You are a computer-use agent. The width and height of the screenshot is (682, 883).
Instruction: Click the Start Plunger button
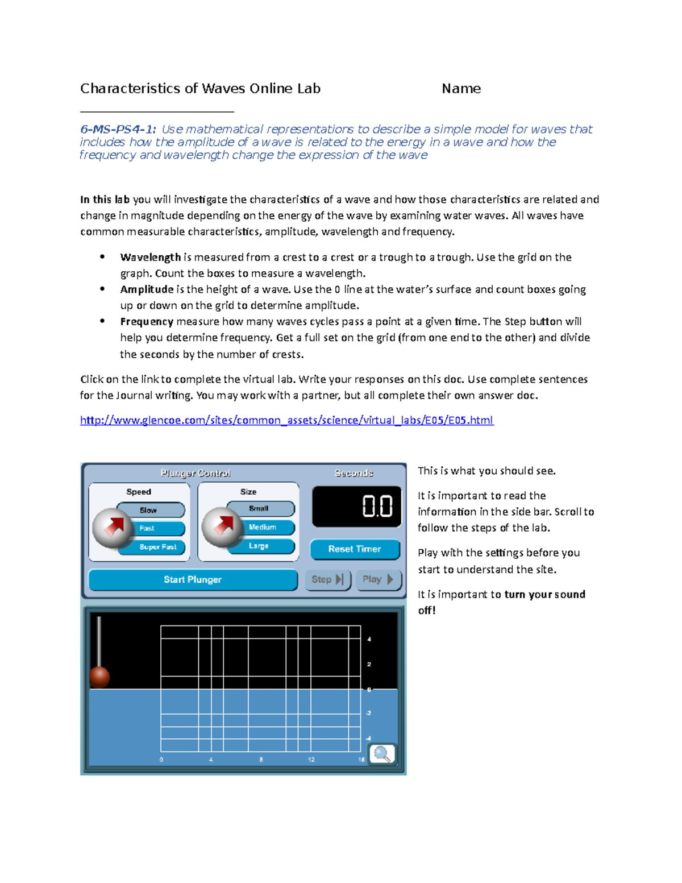[193, 579]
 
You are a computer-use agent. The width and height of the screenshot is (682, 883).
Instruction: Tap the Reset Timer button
[355, 549]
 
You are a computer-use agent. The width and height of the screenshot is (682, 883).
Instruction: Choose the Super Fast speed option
[158, 546]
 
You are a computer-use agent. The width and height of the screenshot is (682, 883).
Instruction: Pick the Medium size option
[262, 527]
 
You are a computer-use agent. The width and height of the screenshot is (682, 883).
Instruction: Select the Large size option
[259, 546]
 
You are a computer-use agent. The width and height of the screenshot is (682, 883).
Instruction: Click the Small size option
[259, 508]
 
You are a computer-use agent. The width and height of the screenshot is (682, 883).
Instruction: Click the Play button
[378, 579]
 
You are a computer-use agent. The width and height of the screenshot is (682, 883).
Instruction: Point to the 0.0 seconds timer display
[356, 506]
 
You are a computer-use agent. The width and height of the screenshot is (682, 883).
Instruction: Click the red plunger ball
[99, 677]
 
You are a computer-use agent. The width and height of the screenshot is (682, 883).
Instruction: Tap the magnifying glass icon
[382, 754]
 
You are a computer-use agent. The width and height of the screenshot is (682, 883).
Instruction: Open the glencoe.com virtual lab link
[286, 420]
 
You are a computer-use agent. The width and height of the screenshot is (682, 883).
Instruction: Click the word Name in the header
[461, 89]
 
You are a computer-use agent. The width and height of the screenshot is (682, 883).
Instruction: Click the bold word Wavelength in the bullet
[150, 257]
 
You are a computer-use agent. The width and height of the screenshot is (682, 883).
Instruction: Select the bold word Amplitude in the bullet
[147, 289]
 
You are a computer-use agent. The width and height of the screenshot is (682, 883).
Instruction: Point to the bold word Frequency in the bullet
[147, 321]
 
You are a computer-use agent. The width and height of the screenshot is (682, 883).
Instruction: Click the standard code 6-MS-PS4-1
[118, 129]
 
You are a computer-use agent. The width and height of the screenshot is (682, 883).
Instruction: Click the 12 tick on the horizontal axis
[311, 760]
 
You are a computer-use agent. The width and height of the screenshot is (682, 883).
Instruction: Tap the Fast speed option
[148, 528]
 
